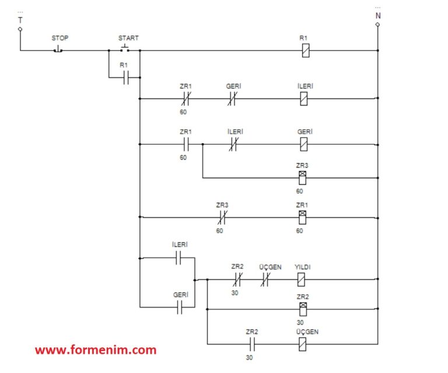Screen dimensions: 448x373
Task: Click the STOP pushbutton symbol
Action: tap(58, 49)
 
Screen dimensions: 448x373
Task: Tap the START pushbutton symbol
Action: tap(125, 48)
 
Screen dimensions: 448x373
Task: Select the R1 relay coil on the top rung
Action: tap(306, 51)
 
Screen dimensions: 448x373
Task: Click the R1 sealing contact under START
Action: tap(126, 78)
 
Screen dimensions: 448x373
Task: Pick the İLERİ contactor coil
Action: tap(304, 98)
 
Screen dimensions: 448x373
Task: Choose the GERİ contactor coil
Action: tap(304, 145)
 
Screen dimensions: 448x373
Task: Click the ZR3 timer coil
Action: tap(302, 178)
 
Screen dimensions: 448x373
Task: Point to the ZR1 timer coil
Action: tap(302, 217)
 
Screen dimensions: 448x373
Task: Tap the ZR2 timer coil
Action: tap(303, 309)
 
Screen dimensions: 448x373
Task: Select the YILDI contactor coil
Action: tap(301, 279)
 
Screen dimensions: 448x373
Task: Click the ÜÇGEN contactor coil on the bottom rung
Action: tap(302, 344)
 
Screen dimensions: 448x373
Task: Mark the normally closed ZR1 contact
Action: tap(186, 98)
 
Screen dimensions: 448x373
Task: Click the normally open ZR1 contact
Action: tap(186, 145)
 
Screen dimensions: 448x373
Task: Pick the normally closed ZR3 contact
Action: tap(222, 217)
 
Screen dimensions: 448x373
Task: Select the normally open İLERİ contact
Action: tap(178, 258)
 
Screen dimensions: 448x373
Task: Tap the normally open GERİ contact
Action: tap(180, 307)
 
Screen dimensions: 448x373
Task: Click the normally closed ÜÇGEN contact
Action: tap(265, 279)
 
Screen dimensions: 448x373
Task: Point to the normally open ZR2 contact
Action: tap(252, 344)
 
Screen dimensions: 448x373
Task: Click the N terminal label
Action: tap(378, 16)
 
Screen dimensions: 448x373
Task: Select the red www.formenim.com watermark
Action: tap(96, 350)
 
